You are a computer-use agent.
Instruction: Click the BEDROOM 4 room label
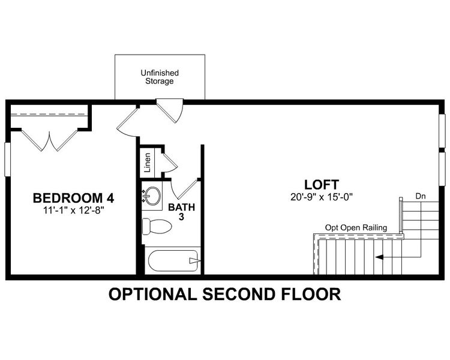click(73, 197)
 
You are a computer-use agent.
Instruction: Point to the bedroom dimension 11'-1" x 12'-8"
click(73, 209)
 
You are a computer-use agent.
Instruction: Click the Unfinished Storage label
click(160, 77)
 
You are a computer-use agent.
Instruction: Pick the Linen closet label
click(148, 162)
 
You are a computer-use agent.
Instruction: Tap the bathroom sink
click(152, 196)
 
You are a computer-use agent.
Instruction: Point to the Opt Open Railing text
click(356, 227)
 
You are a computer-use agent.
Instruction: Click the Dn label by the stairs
click(420, 196)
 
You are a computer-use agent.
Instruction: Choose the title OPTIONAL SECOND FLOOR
click(224, 295)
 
